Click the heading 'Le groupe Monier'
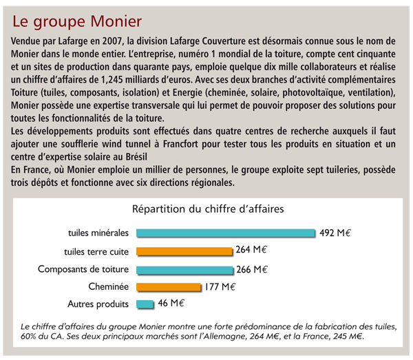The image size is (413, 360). point(77,22)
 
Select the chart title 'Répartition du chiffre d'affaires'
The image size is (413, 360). point(208,209)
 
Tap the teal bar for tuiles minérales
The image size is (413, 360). point(226,233)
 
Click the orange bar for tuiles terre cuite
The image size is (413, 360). point(184,251)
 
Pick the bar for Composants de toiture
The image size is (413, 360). point(184,271)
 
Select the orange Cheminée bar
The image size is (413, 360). point(169,287)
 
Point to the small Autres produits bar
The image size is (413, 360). point(145,304)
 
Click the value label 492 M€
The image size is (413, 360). point(335,233)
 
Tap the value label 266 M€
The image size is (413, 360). point(252,269)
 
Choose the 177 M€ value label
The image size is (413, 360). point(220,286)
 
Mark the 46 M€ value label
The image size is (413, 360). point(171,303)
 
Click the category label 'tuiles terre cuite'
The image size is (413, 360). point(96,252)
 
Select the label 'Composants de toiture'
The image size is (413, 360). point(83,269)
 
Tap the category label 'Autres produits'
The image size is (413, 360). point(98,304)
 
